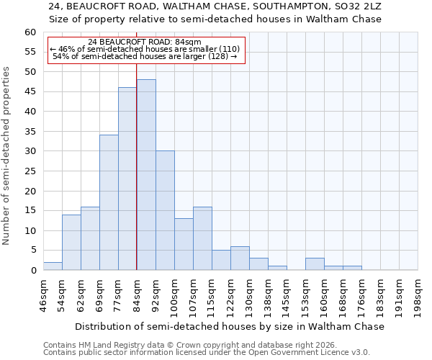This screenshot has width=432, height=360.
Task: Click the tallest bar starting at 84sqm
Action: tap(145, 175)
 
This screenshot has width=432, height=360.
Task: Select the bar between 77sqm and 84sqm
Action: tap(127, 179)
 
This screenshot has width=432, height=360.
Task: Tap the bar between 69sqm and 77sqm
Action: tap(109, 202)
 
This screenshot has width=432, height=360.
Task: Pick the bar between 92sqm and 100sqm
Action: tap(164, 210)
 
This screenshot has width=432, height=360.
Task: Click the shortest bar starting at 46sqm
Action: tap(53, 266)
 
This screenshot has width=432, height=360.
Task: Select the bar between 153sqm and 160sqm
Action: tap(315, 264)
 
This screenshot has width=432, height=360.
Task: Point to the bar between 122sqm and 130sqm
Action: tap(240, 258)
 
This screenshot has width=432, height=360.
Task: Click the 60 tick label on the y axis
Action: tap(30, 32)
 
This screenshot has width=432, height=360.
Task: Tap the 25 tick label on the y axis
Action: tap(30, 171)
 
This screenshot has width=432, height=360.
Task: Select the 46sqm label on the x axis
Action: tap(44, 296)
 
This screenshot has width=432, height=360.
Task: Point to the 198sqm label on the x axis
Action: tap(418, 296)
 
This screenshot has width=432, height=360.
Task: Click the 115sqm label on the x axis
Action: tap(212, 296)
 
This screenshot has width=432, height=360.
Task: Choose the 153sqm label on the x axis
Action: tap(306, 296)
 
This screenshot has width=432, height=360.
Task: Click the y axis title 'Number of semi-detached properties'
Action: tap(7, 156)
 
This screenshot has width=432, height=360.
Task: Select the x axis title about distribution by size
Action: tap(230, 326)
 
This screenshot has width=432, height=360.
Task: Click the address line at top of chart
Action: tap(215, 6)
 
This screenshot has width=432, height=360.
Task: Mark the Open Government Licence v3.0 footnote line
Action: tap(206, 353)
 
